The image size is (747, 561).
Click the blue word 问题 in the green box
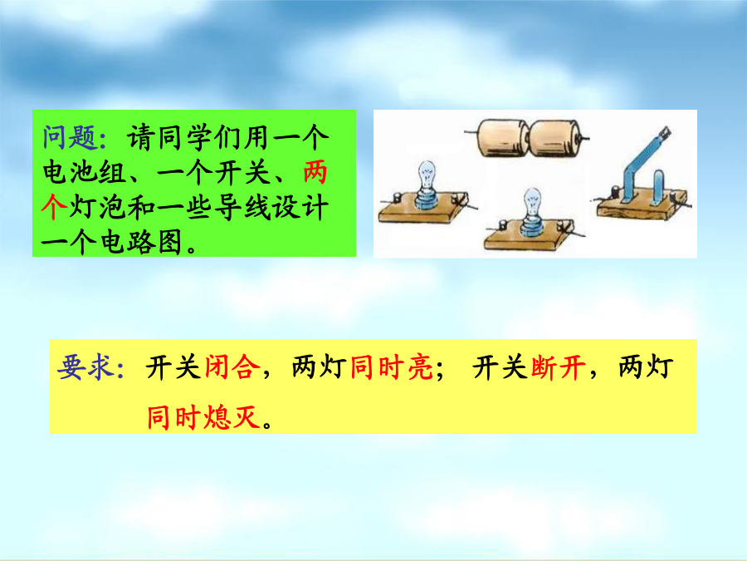70,137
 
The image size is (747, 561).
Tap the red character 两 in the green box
315,172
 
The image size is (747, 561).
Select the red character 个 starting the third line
54,207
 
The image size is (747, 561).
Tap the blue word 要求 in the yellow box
86,367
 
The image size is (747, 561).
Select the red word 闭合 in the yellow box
233,367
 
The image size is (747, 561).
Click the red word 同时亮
392,367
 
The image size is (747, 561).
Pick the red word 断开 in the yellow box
559,367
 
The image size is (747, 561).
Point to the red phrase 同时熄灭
204,418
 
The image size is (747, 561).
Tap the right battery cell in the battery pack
555,138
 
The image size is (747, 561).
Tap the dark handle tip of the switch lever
664,132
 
